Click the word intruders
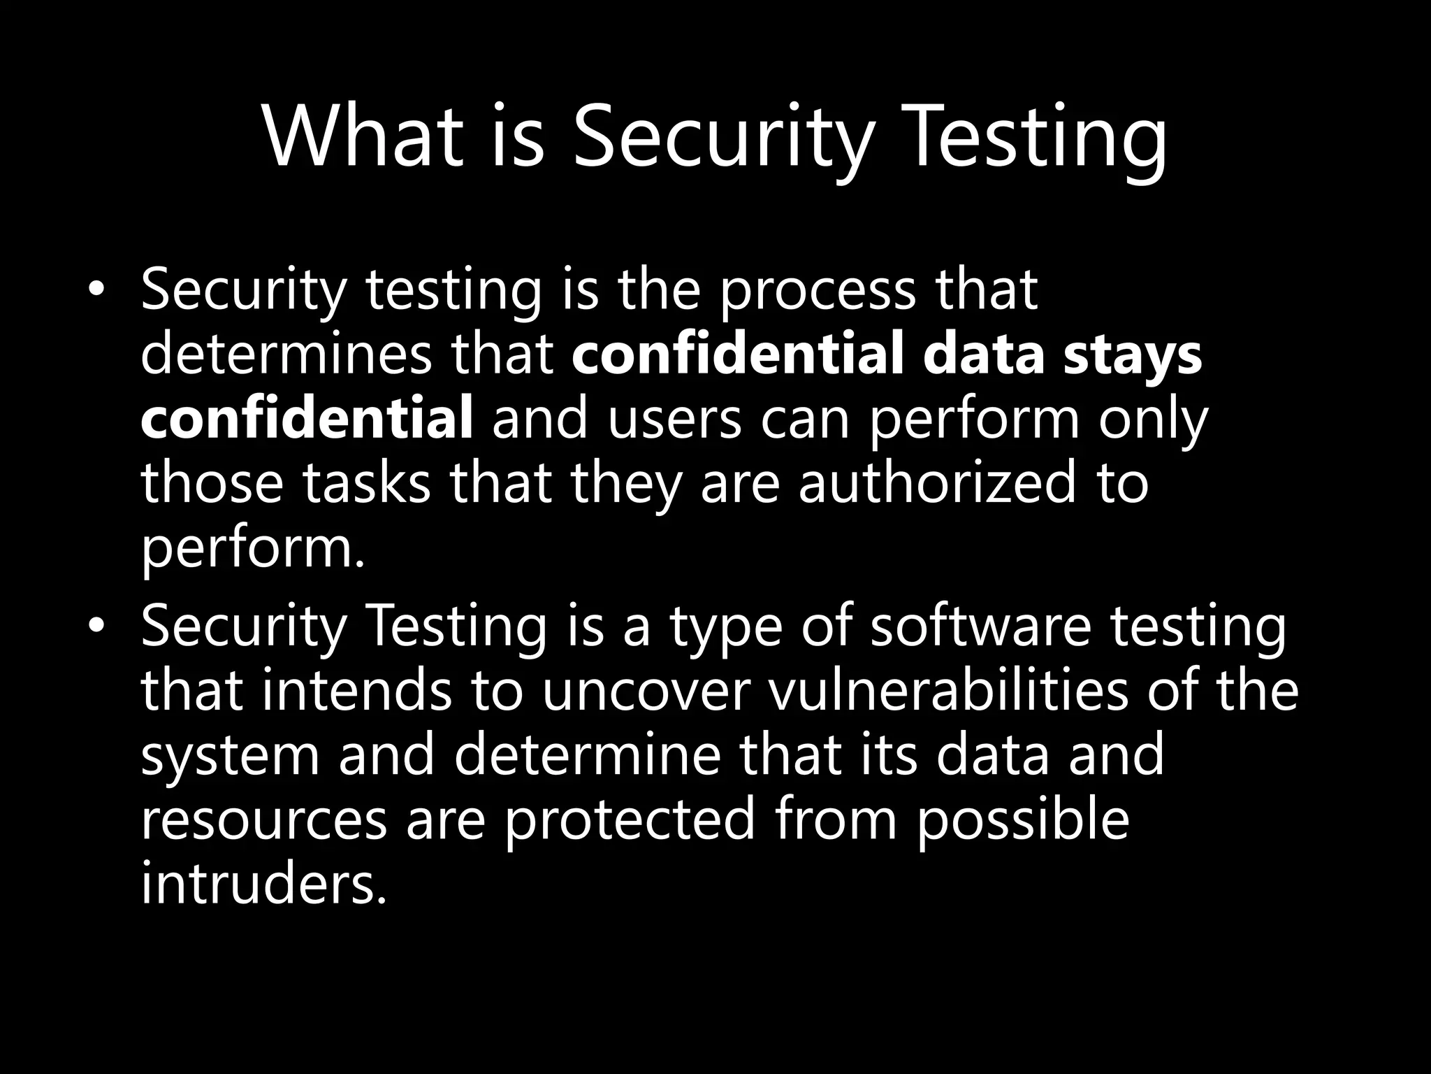[263, 884]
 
